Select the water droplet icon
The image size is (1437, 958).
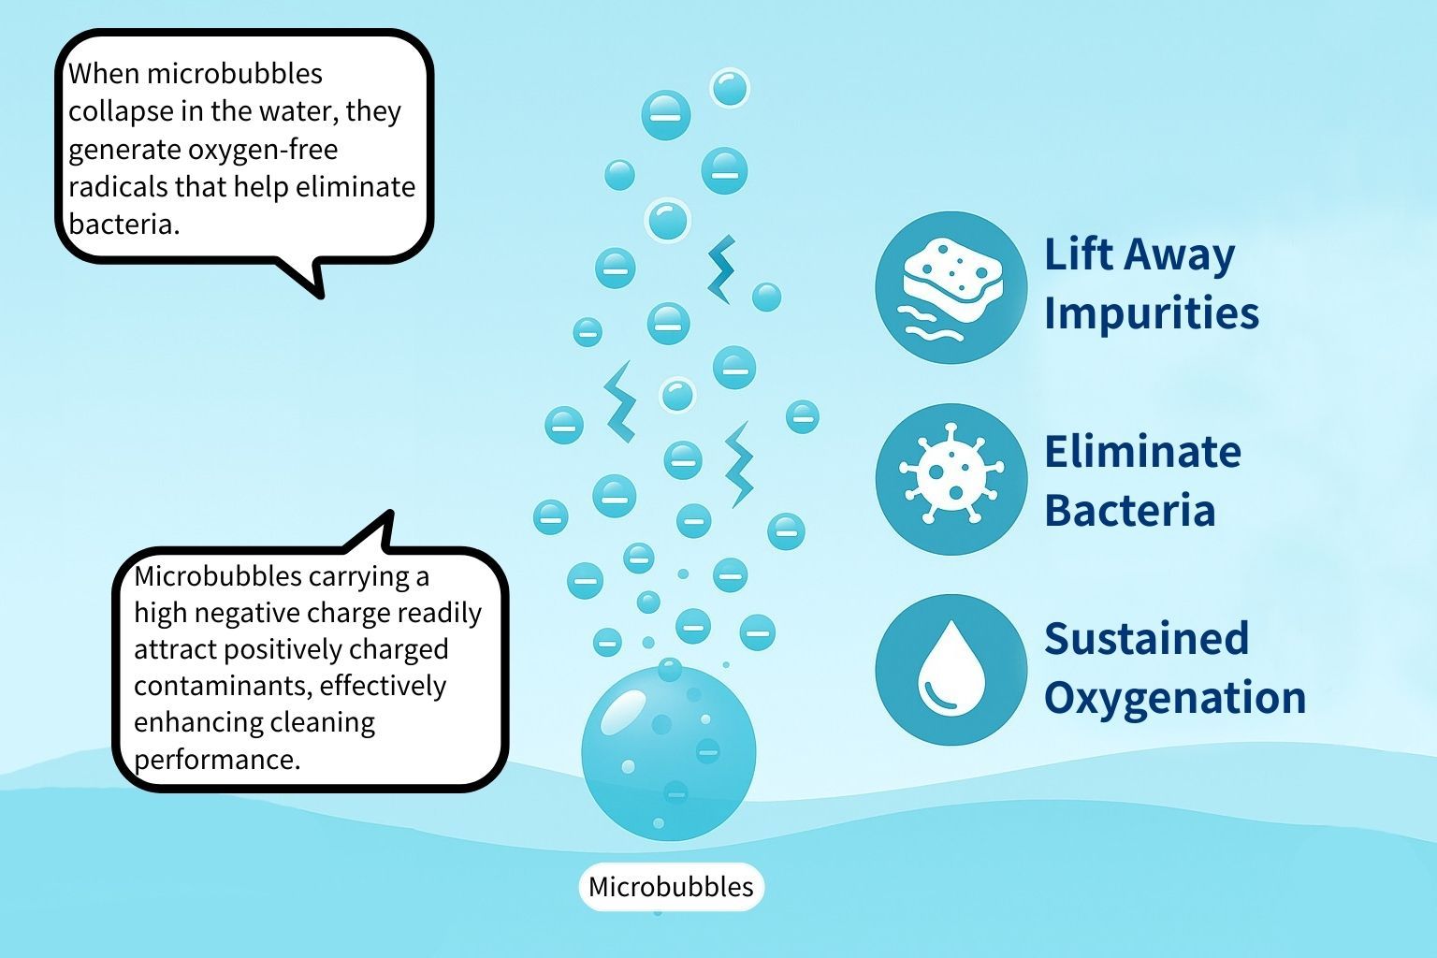[x=951, y=669]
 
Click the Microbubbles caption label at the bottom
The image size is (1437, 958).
[x=671, y=887]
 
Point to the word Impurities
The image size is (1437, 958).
[x=1152, y=313]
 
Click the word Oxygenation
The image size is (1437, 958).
[x=1175, y=698]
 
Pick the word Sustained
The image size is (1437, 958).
[x=1146, y=638]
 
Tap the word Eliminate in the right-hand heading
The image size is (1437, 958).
[x=1142, y=452]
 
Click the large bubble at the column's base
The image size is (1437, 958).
[x=669, y=753]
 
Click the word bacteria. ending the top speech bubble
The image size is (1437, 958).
[x=123, y=225]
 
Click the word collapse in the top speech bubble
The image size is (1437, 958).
[x=122, y=111]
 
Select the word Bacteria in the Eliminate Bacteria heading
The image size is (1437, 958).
[x=1130, y=510]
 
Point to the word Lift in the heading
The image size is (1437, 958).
[x=1079, y=254]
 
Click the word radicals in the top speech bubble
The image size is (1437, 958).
[x=118, y=187]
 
